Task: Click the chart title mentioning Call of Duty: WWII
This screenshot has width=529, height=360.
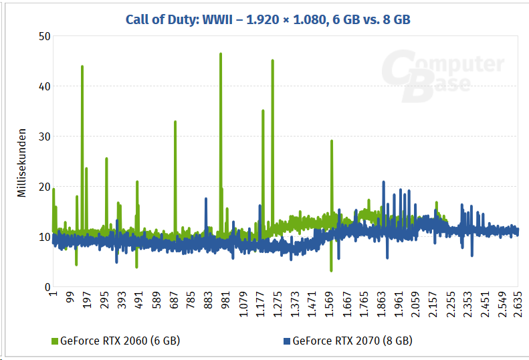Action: pos(268,19)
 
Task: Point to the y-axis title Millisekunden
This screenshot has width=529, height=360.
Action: pos(21,163)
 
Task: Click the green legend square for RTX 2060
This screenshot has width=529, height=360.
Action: pos(55,341)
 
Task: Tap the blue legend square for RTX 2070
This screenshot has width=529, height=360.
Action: pos(287,341)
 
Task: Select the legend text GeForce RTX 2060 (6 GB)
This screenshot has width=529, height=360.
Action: pos(120,341)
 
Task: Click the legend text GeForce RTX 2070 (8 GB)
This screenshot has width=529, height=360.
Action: pos(352,341)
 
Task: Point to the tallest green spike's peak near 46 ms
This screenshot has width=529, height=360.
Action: pos(221,54)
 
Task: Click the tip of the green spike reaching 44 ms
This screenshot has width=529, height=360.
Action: pos(82,66)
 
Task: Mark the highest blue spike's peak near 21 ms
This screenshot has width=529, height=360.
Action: pos(383,181)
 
